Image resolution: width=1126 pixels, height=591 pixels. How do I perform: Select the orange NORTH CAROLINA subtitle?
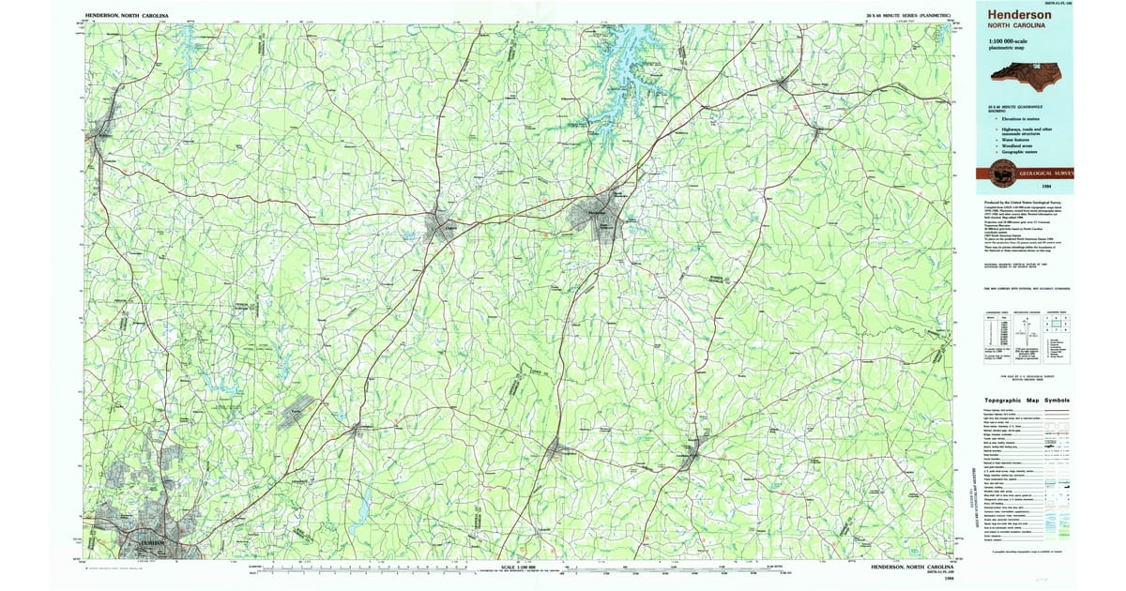[1012, 27]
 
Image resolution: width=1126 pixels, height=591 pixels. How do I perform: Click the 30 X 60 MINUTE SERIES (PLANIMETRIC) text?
[909, 16]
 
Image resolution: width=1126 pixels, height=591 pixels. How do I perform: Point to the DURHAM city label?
[138, 543]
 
